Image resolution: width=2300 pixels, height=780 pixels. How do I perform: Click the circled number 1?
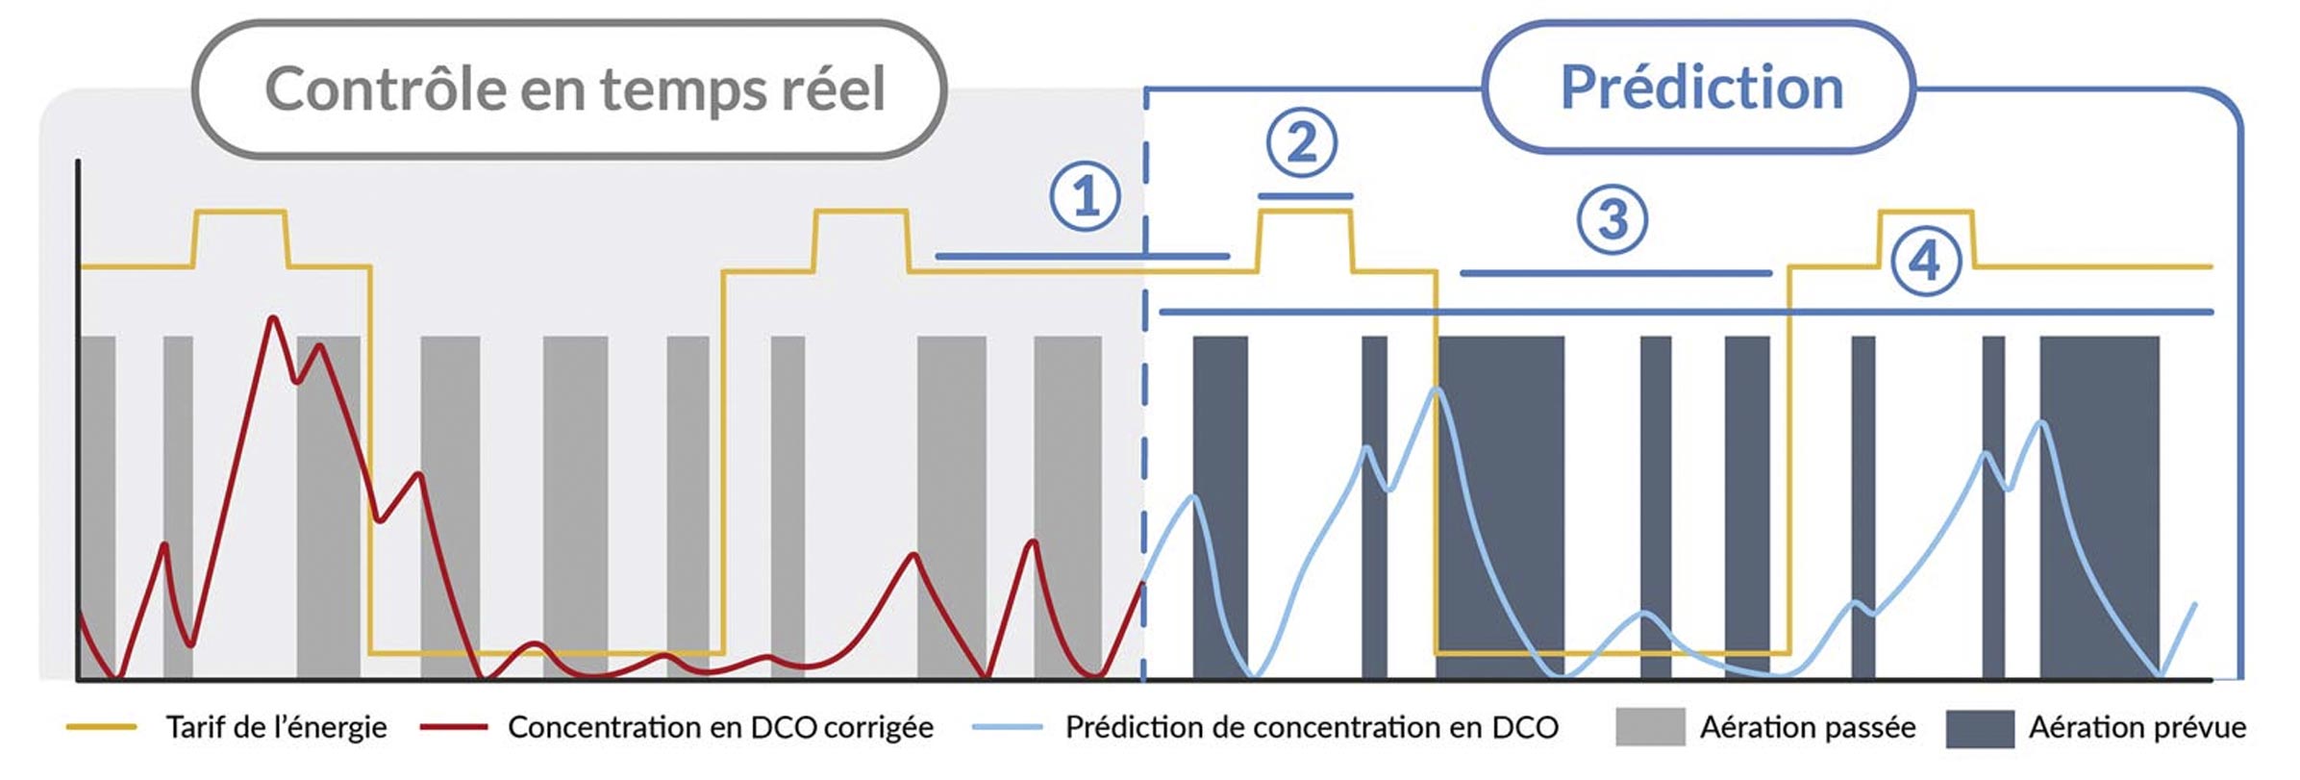1085,196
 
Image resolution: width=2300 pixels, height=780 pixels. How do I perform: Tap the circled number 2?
1302,142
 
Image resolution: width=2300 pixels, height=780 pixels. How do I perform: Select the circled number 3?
1612,218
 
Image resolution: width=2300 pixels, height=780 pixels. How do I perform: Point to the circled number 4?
1925,261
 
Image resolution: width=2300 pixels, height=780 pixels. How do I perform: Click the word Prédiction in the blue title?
1701,88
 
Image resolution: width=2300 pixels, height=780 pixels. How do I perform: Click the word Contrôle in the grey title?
386,89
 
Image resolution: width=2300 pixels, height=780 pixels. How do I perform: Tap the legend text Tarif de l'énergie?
276,727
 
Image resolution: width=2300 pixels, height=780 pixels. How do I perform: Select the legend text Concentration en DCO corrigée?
720,727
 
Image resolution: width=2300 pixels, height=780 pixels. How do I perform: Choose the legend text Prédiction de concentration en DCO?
1312,727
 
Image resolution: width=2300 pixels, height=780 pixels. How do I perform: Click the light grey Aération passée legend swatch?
1650,727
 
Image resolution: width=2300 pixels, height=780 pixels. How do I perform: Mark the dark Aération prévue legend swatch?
1980,728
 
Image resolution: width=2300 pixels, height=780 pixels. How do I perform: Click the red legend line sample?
453,727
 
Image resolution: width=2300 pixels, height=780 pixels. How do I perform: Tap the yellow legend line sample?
101,727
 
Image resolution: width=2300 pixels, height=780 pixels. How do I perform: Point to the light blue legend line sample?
1007,727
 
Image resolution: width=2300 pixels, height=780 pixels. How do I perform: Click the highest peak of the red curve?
274,318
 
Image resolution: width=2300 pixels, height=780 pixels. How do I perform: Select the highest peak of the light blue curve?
1437,389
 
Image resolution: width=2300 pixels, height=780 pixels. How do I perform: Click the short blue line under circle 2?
1305,196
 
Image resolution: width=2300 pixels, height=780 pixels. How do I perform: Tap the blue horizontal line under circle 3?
1615,273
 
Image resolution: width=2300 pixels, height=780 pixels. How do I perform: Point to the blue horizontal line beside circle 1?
1082,256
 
